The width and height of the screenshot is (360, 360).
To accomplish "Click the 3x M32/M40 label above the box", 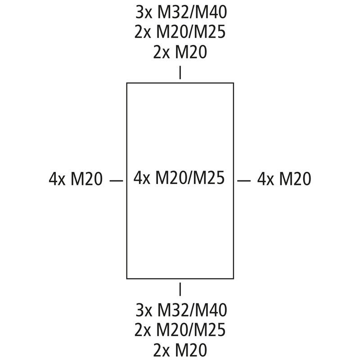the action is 181,12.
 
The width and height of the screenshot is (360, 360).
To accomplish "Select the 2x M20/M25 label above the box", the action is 180,32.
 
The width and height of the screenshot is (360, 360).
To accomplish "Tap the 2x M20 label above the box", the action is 180,52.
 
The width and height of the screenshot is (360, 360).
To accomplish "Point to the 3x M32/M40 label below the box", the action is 181,310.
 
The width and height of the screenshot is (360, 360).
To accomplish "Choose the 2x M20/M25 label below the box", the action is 180,330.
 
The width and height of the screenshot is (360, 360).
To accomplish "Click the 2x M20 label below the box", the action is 180,350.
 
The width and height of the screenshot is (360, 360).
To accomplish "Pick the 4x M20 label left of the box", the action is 76,179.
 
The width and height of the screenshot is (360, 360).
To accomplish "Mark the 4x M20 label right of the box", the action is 284,179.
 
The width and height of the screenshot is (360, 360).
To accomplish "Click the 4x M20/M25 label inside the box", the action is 179,178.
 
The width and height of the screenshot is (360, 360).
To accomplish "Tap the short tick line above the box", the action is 180,72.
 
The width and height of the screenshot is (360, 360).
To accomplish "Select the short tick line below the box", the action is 180,289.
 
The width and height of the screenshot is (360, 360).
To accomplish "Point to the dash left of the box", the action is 117,181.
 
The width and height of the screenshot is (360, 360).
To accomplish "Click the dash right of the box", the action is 244,181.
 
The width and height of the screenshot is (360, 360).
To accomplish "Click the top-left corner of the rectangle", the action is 127,83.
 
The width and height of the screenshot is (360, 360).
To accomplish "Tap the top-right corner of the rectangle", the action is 234,83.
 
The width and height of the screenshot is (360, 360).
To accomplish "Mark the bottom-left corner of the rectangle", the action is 127,279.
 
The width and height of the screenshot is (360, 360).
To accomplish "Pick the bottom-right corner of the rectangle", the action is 234,279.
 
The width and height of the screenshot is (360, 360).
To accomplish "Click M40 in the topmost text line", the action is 210,12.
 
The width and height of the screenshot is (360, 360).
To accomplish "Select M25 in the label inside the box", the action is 208,178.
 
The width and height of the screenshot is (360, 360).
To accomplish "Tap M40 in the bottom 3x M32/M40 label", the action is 210,310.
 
